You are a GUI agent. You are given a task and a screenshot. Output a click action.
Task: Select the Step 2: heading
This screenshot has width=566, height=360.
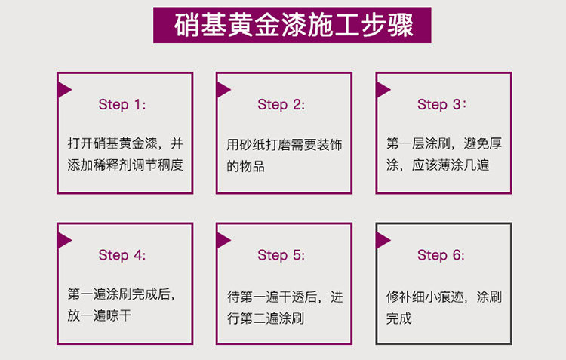tap(281, 105)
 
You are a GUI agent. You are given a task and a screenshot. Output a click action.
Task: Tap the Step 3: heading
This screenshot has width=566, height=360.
tap(441, 105)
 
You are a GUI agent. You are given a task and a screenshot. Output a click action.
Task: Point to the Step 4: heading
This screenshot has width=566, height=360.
tap(122, 255)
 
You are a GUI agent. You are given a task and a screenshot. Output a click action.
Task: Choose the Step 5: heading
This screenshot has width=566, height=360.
tap(281, 255)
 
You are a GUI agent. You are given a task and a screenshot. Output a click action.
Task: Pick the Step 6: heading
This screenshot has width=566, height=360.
tap(441, 255)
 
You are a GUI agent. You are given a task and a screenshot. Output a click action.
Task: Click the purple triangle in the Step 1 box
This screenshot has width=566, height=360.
tap(64, 89)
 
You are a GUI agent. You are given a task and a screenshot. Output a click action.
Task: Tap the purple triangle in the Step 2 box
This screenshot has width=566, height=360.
tap(223, 89)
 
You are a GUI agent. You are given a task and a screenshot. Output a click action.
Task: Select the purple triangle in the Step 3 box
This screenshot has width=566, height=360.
tap(383, 89)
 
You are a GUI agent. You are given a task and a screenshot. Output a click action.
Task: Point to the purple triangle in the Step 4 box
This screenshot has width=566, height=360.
tap(64, 240)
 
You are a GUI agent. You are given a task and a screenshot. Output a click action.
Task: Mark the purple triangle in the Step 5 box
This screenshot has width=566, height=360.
tap(223, 240)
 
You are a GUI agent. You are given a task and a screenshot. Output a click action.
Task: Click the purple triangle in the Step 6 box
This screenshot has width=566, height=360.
tap(383, 240)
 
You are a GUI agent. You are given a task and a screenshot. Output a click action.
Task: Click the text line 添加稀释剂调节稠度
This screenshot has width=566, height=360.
tap(125, 165)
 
